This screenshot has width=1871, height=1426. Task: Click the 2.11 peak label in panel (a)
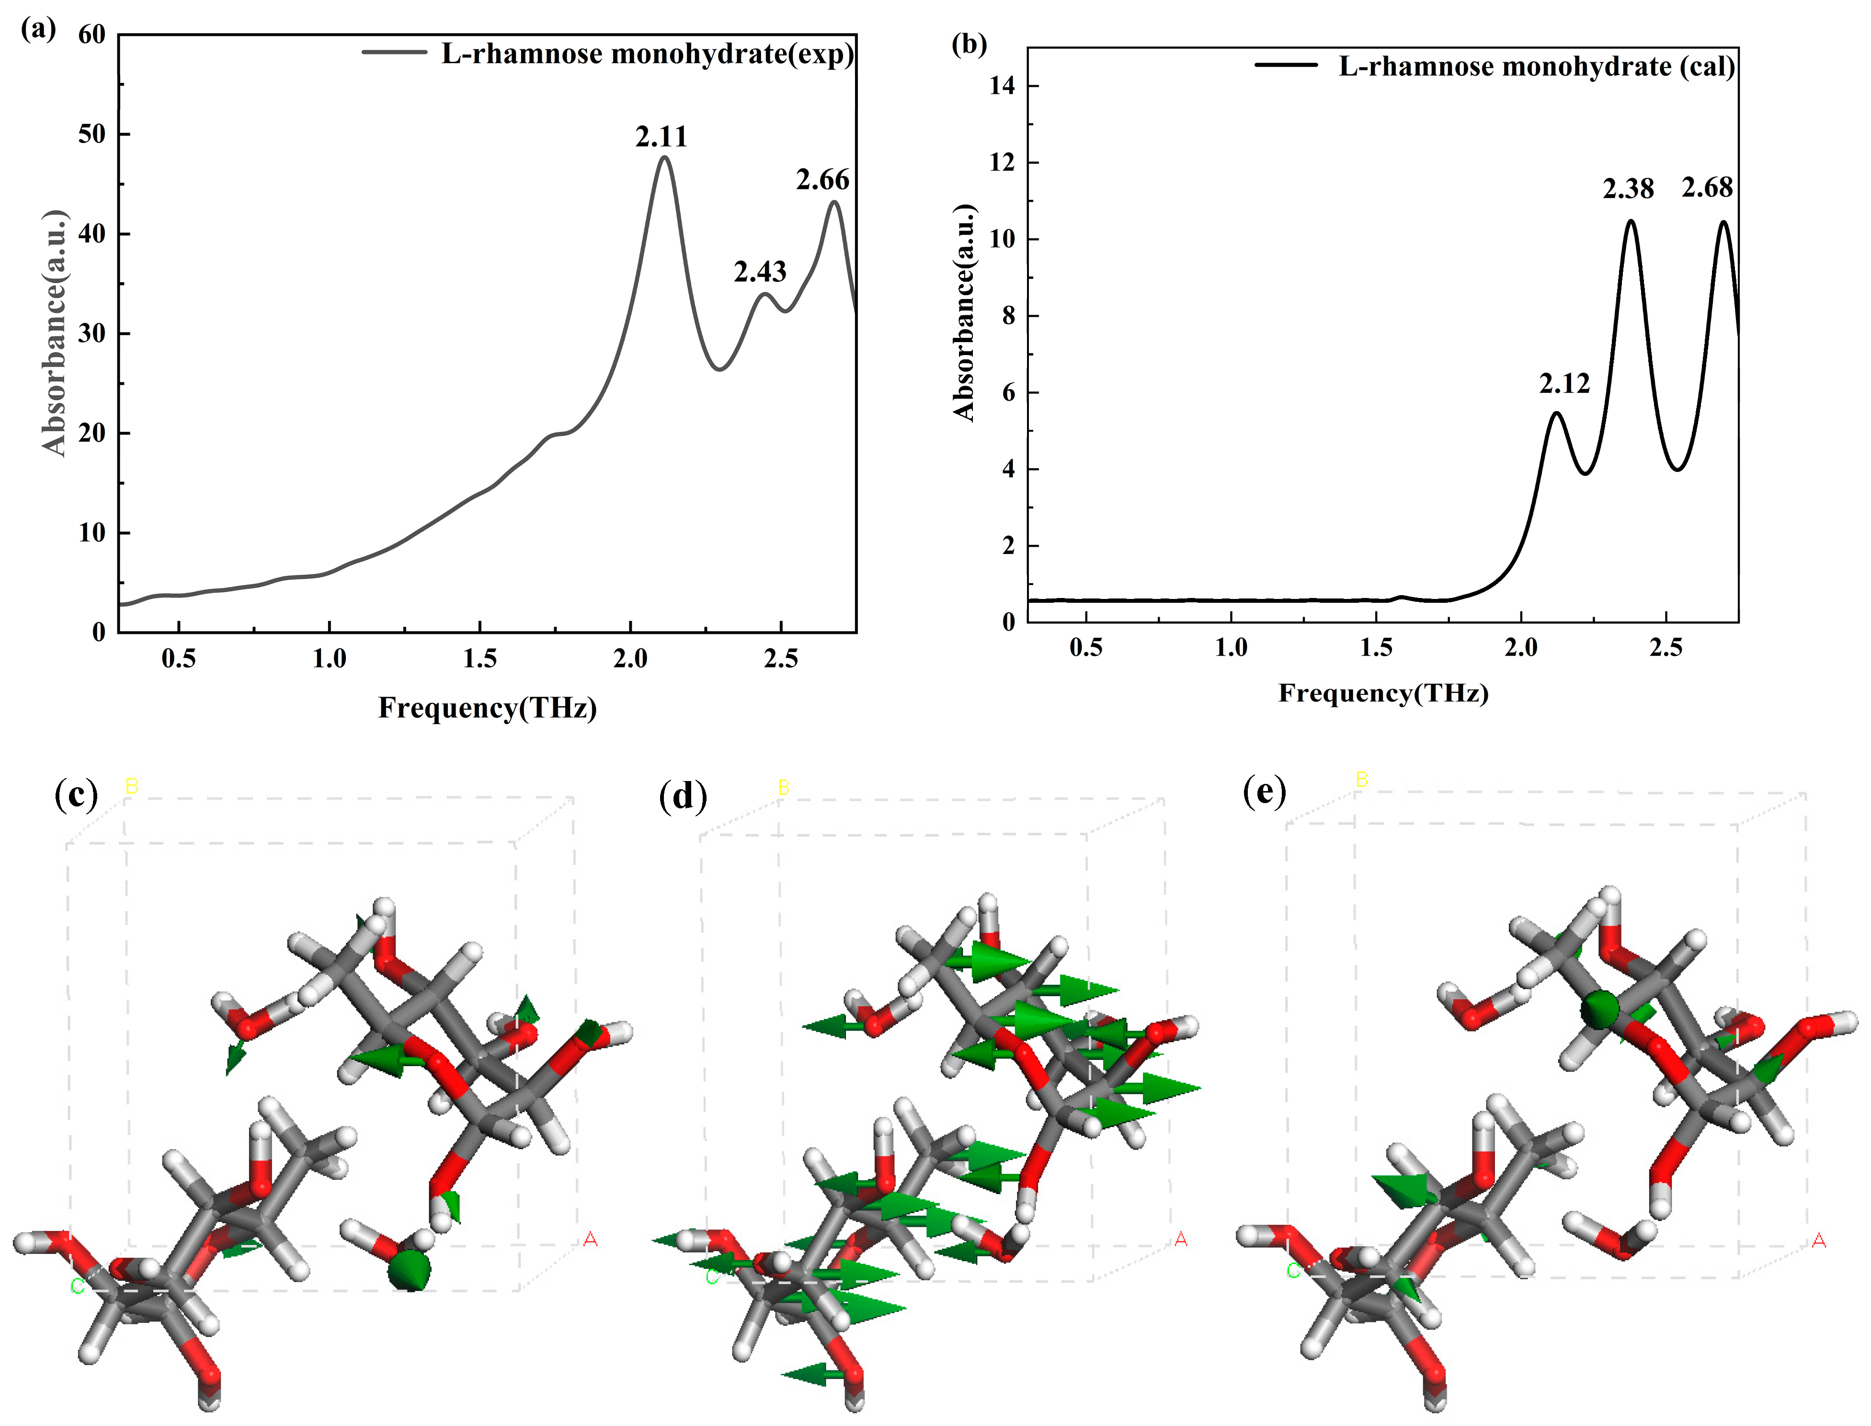(x=661, y=137)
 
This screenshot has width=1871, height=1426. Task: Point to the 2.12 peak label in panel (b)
(x=1564, y=384)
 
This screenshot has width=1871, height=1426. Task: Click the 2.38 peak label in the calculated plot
(x=1628, y=188)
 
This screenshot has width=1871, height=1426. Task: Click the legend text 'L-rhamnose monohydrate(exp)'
(x=647, y=54)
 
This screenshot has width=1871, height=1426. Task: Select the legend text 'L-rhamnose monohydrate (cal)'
(x=1536, y=66)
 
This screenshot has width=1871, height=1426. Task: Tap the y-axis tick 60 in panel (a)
(x=91, y=35)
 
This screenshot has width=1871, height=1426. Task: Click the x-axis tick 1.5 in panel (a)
(x=479, y=659)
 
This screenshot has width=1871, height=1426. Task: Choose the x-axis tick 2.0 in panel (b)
(x=1520, y=648)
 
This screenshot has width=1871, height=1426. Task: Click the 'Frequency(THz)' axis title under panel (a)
(x=487, y=707)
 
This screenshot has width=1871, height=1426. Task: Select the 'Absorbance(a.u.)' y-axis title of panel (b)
(x=965, y=312)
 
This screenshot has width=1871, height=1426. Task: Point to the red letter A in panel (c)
(x=590, y=1239)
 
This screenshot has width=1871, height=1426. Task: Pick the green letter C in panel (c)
(x=77, y=1287)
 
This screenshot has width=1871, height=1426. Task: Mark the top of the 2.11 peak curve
(x=663, y=157)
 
